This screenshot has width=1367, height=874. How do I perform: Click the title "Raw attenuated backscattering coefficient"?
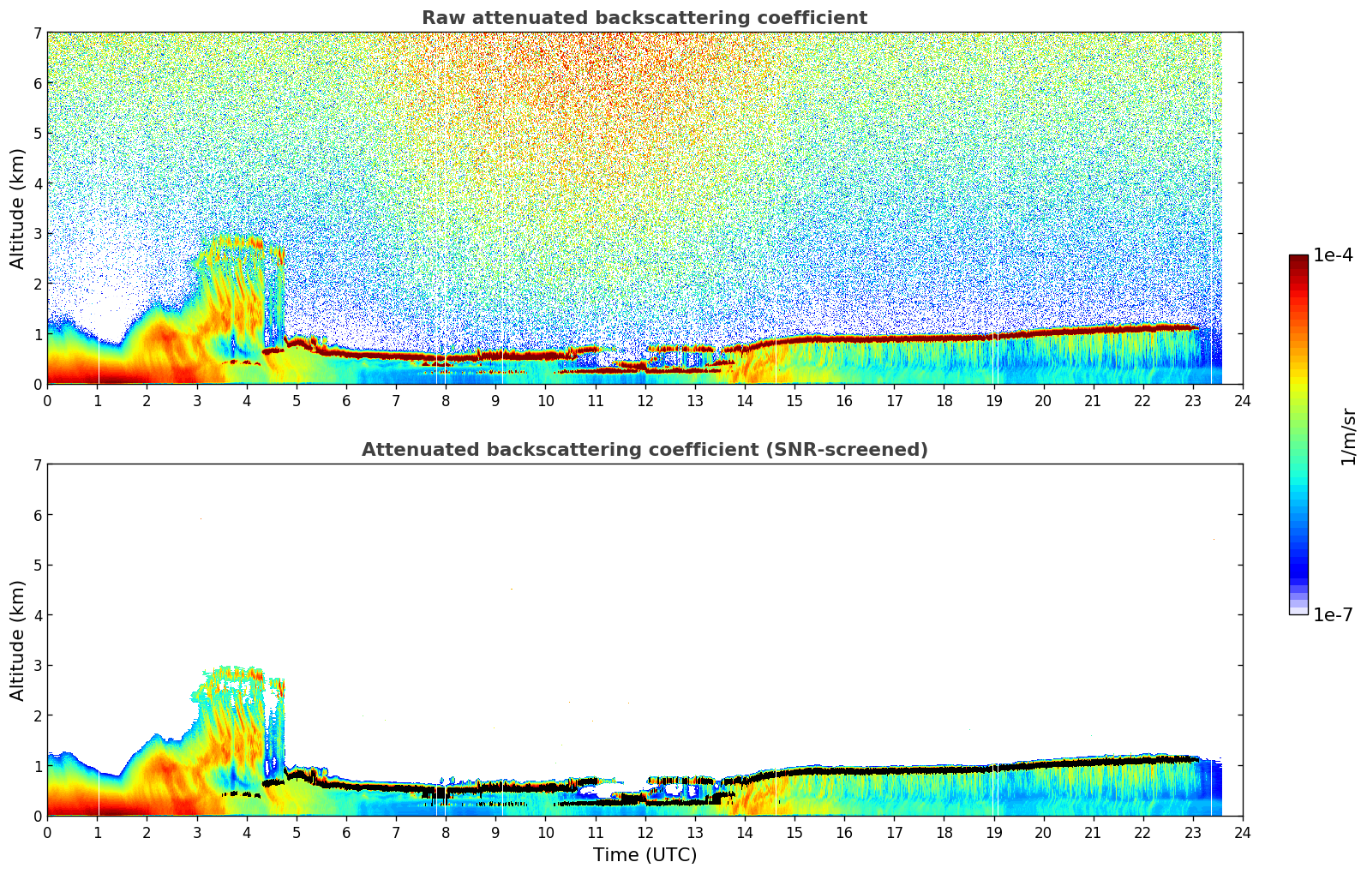pos(644,18)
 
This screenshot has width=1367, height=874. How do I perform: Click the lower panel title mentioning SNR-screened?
pos(644,450)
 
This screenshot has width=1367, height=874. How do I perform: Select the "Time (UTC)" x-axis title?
pos(645,855)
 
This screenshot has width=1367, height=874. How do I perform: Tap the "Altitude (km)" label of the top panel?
pos(18,208)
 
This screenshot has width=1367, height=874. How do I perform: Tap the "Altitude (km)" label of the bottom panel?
pos(18,640)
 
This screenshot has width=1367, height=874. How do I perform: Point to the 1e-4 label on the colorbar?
pos(1333,255)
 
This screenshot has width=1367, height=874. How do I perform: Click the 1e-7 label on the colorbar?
pos(1333,614)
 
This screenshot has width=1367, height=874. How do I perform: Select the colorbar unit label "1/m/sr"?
pos(1348,436)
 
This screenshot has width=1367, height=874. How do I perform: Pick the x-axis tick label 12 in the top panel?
pos(645,400)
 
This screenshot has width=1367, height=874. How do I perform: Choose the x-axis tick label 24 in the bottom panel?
pos(1243,832)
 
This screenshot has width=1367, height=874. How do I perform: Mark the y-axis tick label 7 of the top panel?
pos(37,33)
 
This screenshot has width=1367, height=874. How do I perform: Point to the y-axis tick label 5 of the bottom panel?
pos(37,566)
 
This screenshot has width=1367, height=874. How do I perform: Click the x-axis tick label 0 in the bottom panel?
pos(47,832)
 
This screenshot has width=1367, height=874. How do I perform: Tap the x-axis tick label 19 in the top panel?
pos(993,400)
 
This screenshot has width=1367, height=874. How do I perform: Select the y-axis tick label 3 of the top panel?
pos(37,234)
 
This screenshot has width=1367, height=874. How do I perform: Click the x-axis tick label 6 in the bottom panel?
pos(346,832)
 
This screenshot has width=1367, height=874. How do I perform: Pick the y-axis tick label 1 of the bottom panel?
pos(37,766)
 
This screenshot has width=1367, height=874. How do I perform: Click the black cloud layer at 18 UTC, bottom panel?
pos(944,770)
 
